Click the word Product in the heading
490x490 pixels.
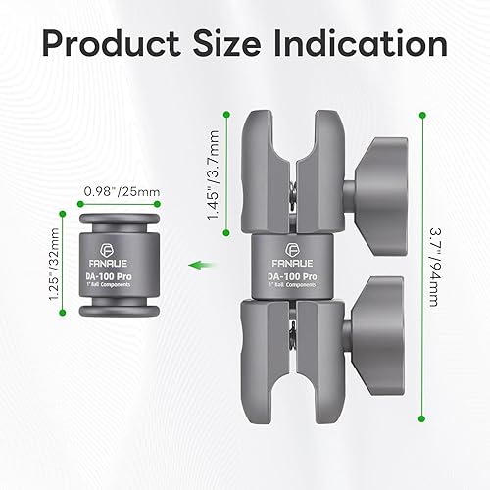(111, 44)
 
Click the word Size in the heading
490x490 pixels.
(226, 43)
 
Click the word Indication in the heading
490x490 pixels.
(361, 43)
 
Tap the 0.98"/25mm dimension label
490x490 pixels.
(122, 192)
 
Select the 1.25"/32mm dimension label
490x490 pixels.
(54, 264)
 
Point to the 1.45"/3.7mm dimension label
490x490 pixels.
(213, 174)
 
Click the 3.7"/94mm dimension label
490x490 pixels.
(435, 268)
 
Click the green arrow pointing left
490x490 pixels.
(203, 265)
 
